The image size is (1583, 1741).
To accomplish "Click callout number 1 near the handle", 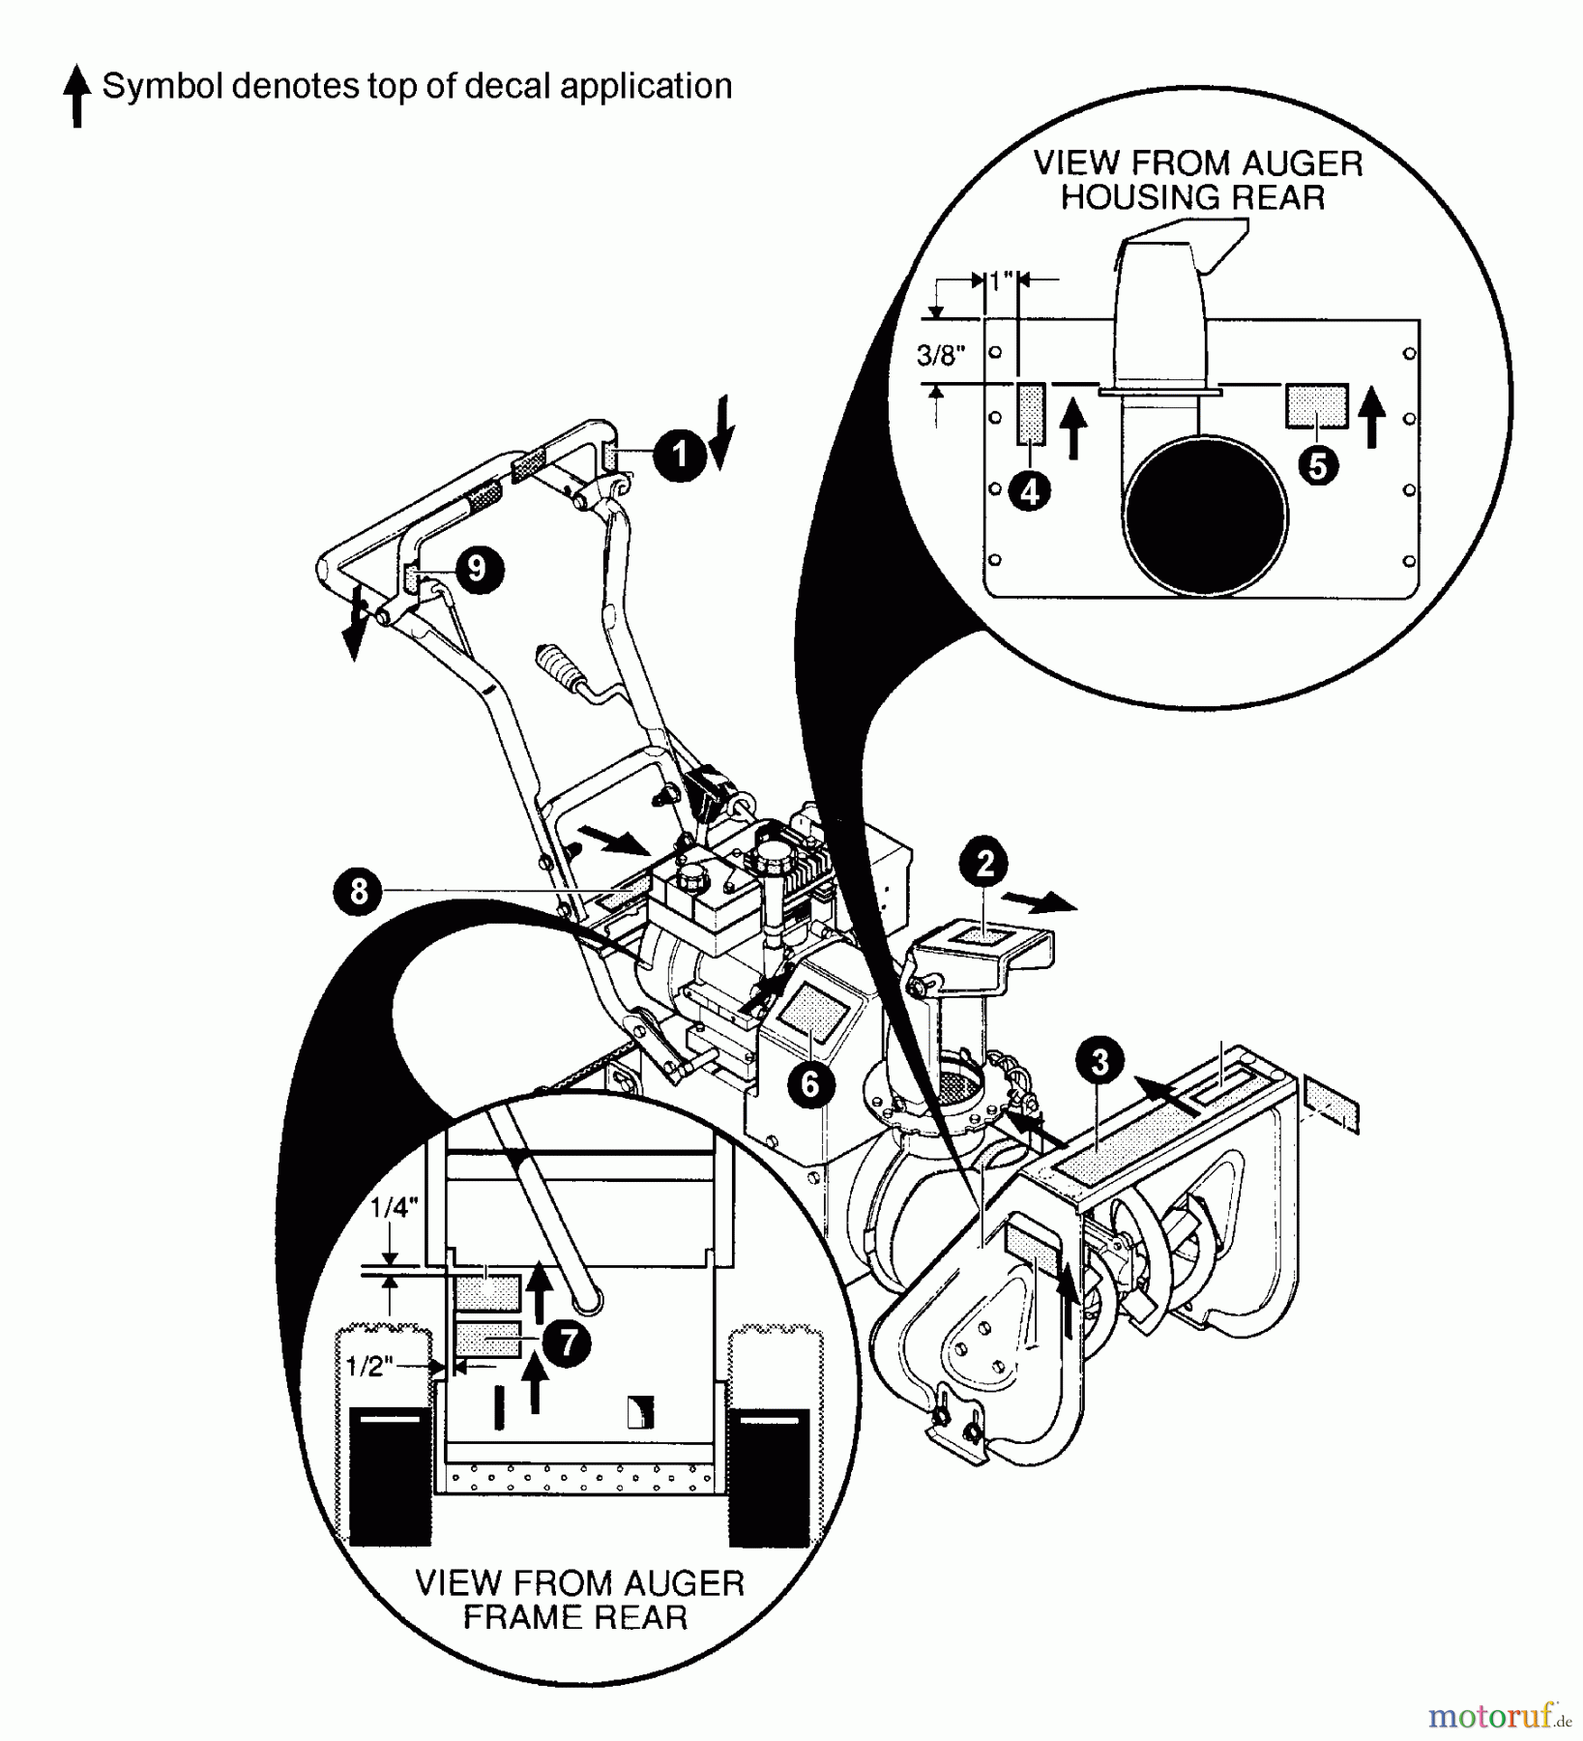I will [x=680, y=455].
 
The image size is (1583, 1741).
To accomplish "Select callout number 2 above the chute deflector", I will [x=984, y=863].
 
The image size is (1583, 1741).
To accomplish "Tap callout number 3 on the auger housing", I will [x=1099, y=1061].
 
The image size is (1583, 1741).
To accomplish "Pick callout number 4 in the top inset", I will [x=1030, y=491].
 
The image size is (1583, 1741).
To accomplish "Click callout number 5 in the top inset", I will [x=1318, y=466].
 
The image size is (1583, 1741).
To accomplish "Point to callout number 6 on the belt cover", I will [x=810, y=1084].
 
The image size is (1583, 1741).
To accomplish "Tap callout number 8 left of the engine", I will [x=359, y=891].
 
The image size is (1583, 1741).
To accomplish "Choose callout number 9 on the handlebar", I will [x=477, y=568].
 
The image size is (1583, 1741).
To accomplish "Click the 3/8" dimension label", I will [x=941, y=356].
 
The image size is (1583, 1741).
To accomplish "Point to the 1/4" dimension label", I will [x=394, y=1207].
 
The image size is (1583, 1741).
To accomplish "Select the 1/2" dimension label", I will [x=369, y=1366].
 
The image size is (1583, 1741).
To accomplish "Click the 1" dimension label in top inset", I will [x=1001, y=280].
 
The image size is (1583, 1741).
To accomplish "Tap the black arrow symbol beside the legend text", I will [x=76, y=97].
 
